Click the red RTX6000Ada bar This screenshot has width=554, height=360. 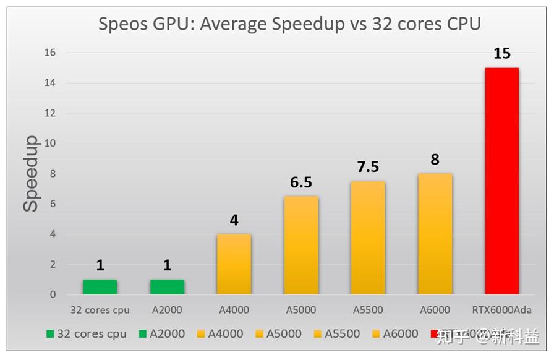point(501,181)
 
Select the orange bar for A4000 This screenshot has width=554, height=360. point(234,264)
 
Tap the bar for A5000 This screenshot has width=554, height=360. point(301,245)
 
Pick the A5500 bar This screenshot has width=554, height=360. point(368,238)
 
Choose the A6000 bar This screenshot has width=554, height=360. point(435,234)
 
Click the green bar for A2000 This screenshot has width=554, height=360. point(167,287)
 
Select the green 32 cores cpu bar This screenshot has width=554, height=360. point(100,287)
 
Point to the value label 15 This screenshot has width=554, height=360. point(501,54)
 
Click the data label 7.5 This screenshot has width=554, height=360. point(368,167)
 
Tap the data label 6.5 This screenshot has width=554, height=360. point(301,182)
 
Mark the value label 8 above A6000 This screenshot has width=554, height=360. point(435,160)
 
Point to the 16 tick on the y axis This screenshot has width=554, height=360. point(49,53)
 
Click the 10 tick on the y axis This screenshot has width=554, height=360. point(49,144)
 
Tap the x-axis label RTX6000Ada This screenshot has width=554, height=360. point(501,309)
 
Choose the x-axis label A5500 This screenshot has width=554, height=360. point(368,309)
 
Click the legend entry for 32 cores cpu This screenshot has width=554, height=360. point(87,334)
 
